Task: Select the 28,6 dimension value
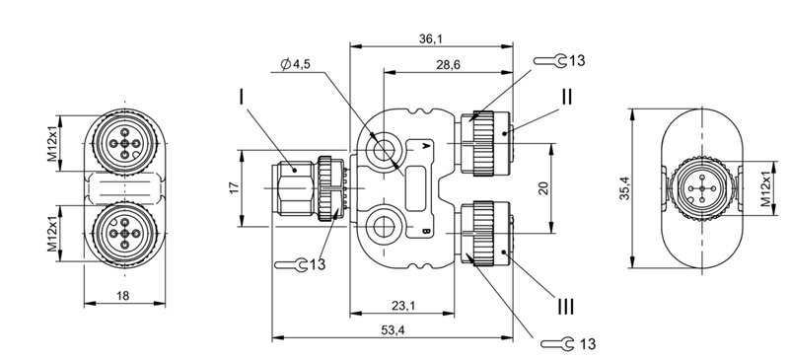[x=448, y=65]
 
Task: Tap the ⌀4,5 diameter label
[x=297, y=65]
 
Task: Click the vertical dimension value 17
[x=233, y=187]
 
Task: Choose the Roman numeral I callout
[x=240, y=97]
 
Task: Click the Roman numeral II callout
[x=566, y=97]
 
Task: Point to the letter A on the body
[x=424, y=145]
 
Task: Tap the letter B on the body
[x=424, y=233]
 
